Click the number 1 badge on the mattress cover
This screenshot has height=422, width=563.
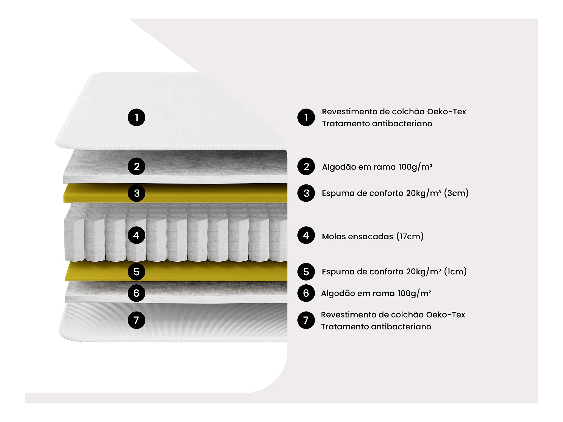click(x=136, y=117)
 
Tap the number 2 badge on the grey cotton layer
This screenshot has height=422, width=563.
click(x=136, y=166)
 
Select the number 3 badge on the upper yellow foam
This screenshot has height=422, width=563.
click(x=136, y=193)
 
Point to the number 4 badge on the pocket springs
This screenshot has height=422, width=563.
click(x=136, y=235)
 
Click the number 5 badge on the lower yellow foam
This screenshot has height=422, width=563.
click(x=136, y=272)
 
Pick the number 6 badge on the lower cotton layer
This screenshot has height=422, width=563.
click(x=136, y=293)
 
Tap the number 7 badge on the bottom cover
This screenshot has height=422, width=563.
click(x=136, y=320)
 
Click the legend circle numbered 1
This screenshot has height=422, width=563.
click(x=306, y=117)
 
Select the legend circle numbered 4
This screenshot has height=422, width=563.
click(x=306, y=235)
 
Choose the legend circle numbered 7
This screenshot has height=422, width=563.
click(x=306, y=320)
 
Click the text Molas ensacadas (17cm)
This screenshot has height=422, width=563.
click(x=372, y=236)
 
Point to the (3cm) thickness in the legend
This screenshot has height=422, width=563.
click(x=456, y=193)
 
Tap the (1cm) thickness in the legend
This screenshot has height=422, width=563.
click(x=455, y=271)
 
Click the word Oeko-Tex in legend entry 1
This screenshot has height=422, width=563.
click(x=446, y=112)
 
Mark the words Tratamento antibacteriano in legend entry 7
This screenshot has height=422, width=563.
click(x=376, y=327)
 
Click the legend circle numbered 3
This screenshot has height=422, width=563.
click(x=306, y=193)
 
